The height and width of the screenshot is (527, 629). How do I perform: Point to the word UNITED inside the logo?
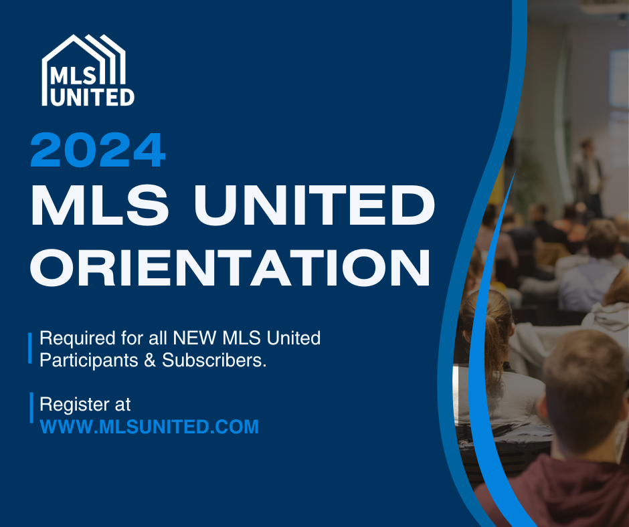[x=92, y=96]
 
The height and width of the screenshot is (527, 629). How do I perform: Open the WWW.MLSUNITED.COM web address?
[x=149, y=427]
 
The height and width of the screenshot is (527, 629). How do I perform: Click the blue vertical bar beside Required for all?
[x=30, y=348]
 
